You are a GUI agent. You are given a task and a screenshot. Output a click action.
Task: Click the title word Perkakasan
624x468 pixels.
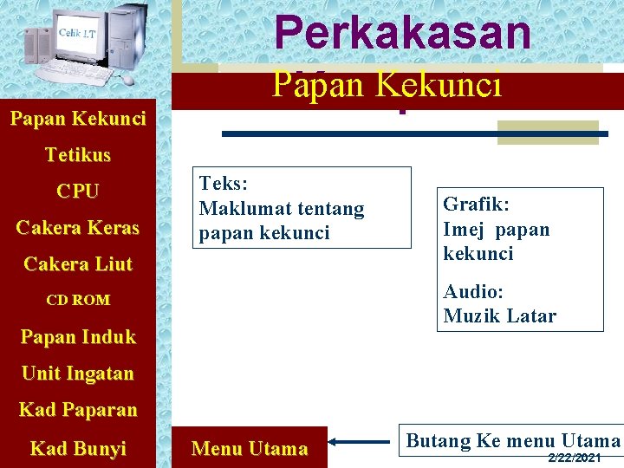pyautogui.click(x=402, y=33)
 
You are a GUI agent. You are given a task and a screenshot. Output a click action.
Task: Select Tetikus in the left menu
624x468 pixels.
pyautogui.click(x=78, y=155)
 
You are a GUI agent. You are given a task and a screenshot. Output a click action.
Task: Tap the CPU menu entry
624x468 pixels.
pyautogui.click(x=78, y=192)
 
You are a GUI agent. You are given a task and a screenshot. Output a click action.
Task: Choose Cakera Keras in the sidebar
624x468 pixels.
pyautogui.click(x=78, y=228)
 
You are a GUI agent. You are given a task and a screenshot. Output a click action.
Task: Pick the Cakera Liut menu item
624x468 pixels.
pyautogui.click(x=78, y=264)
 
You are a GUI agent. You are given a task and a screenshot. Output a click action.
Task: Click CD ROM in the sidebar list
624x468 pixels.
pyautogui.click(x=78, y=300)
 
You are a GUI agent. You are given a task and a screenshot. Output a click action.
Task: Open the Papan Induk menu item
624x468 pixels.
pyautogui.click(x=78, y=337)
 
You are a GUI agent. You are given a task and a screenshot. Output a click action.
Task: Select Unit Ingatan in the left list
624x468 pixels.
pyautogui.click(x=78, y=374)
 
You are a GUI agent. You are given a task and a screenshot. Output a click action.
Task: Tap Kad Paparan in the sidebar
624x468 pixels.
pyautogui.click(x=78, y=409)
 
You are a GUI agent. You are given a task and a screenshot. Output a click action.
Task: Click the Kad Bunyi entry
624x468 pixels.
pyautogui.click(x=78, y=448)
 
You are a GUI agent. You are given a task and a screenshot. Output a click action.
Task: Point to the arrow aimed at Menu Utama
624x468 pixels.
pyautogui.click(x=360, y=442)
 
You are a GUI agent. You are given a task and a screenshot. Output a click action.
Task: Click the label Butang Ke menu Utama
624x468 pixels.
pyautogui.click(x=513, y=440)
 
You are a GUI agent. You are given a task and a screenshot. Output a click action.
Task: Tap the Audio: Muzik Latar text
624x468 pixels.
pyautogui.click(x=499, y=303)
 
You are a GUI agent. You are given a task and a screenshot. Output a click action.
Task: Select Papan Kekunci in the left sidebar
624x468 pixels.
pyautogui.click(x=78, y=118)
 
